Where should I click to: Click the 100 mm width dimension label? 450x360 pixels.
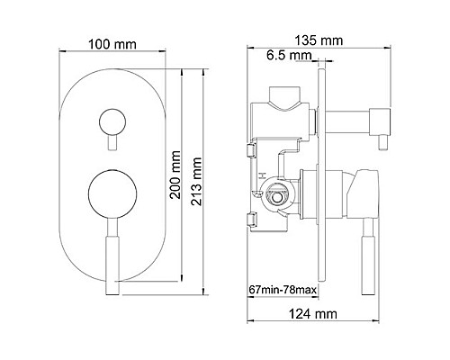(112, 44)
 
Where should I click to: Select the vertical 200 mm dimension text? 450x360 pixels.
(175, 175)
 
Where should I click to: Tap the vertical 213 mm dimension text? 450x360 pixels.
(196, 181)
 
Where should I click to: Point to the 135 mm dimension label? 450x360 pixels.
(319, 40)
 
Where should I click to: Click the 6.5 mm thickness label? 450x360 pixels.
(285, 55)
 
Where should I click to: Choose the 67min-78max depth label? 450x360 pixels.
(283, 290)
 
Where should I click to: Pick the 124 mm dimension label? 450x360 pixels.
(313, 314)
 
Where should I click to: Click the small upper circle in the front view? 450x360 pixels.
(112, 121)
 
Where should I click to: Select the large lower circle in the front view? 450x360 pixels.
(112, 194)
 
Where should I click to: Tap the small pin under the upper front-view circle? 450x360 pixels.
(112, 142)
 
